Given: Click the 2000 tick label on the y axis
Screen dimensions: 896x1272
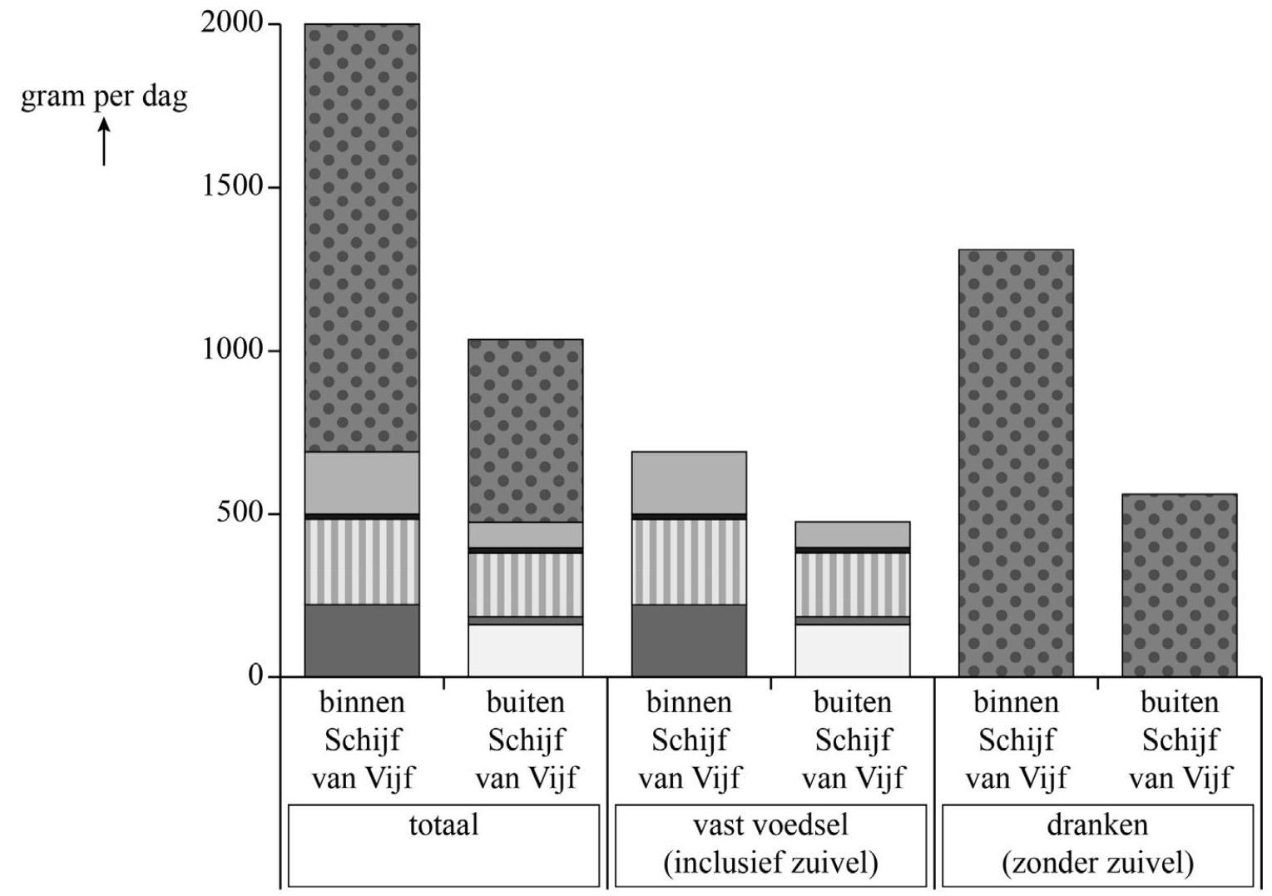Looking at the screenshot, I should (232, 23).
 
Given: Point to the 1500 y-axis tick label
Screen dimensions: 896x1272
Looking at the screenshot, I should (232, 186).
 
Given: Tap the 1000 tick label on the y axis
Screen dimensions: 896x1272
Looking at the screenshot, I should (232, 349).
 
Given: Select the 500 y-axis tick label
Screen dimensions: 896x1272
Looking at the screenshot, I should (240, 512).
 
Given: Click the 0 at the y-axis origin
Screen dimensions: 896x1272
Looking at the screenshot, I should (255, 676).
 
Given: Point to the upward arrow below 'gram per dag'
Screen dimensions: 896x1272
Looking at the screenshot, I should (104, 141).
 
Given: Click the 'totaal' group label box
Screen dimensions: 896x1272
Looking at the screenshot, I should (443, 844).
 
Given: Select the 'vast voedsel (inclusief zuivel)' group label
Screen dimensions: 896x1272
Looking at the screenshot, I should (770, 844).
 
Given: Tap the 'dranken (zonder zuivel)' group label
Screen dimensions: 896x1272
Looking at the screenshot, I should (1097, 844).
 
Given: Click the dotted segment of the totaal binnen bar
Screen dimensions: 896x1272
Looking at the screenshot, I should (362, 237).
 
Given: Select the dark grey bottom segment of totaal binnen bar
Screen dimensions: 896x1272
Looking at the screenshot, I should (362, 640).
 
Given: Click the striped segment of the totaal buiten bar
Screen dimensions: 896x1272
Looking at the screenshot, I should (525, 584).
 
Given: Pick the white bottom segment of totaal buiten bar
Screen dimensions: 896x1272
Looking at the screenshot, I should (525, 650).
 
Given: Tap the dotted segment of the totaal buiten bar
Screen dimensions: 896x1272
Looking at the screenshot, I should (525, 430).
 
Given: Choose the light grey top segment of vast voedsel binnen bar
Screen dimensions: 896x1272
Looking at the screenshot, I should (689, 483).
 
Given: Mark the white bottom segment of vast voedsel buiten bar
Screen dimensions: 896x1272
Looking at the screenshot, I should (852, 650).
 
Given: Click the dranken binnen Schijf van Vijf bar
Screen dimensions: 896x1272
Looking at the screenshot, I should (1016, 463).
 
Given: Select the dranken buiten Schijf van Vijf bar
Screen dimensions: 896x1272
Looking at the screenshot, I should (1179, 585).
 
